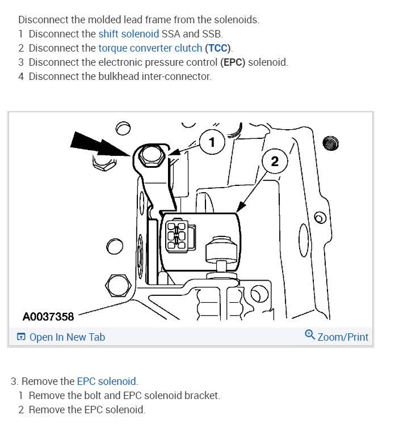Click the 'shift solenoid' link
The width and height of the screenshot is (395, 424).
click(x=128, y=34)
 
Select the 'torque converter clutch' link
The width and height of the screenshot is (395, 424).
click(x=150, y=48)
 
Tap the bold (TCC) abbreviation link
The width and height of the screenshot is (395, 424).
click(x=219, y=48)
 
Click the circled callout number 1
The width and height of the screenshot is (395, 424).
click(x=212, y=142)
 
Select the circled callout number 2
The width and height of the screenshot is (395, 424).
click(x=275, y=162)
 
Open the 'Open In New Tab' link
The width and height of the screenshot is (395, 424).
click(x=67, y=337)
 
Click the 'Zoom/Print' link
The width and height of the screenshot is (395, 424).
click(x=343, y=337)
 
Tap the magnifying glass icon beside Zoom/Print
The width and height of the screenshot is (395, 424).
click(x=310, y=336)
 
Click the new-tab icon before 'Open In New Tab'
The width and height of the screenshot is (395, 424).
click(x=21, y=337)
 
